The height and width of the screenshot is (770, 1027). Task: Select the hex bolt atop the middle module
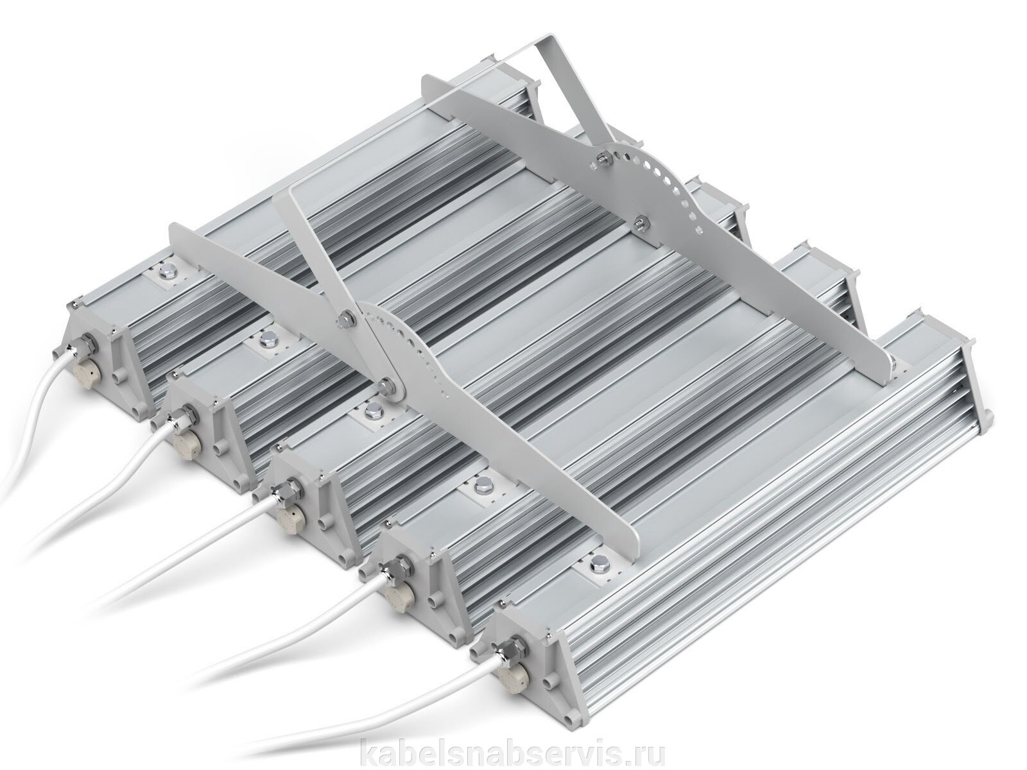click(x=373, y=411)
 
